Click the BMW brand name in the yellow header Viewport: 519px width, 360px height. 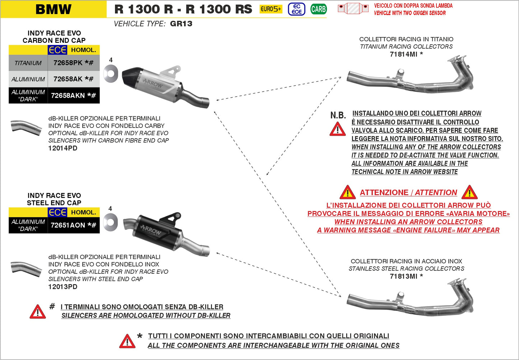click(x=54, y=9)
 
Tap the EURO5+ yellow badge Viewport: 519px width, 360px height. click(x=270, y=9)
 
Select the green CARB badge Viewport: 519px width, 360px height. click(x=318, y=9)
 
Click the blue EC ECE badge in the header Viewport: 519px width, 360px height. click(x=297, y=9)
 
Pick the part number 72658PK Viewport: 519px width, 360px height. click(x=68, y=63)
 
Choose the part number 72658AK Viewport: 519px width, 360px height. click(x=68, y=79)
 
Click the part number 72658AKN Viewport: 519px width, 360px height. click(x=68, y=96)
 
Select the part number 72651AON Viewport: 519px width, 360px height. click(x=68, y=225)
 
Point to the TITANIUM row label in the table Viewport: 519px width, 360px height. click(x=28, y=63)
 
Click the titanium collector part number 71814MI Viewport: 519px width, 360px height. click(x=403, y=54)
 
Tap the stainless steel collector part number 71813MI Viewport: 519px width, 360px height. click(x=403, y=276)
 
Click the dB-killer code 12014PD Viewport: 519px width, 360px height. click(x=63, y=148)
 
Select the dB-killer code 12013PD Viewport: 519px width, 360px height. click(x=63, y=287)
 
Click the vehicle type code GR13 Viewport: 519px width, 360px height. click(x=181, y=24)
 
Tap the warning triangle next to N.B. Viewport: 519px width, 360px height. click(x=338, y=129)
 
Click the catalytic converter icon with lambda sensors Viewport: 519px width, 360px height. click(x=353, y=8)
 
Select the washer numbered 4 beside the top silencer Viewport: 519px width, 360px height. click(x=111, y=74)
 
